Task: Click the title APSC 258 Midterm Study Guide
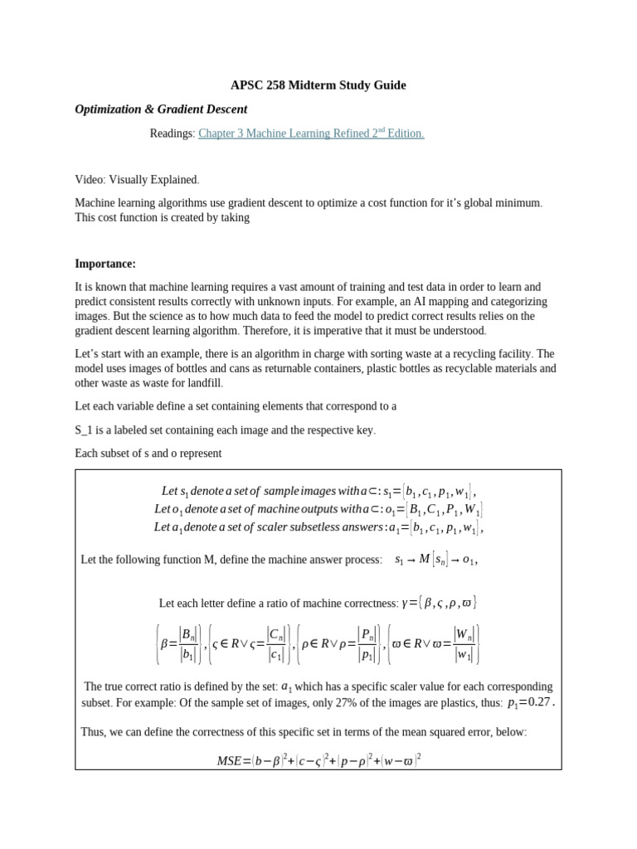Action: pos(318,85)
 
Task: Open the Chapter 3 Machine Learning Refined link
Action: pos(311,133)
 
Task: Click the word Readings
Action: pos(172,133)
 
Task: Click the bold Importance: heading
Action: pos(105,264)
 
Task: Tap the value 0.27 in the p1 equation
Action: pos(539,701)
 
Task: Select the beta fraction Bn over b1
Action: pos(188,644)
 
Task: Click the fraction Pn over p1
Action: pos(366,644)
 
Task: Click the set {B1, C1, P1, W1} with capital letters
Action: pos(443,509)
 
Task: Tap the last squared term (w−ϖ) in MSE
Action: pos(401,759)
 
